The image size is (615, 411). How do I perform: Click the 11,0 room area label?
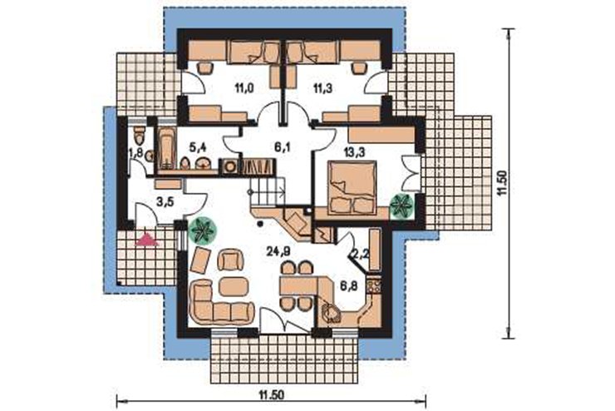pyautogui.click(x=244, y=88)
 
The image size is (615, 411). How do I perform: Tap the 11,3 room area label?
pyautogui.click(x=322, y=88)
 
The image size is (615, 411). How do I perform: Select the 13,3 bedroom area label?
pyautogui.click(x=355, y=153)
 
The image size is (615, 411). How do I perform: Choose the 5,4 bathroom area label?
pyautogui.click(x=197, y=148)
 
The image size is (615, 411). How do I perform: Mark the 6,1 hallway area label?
pyautogui.click(x=280, y=148)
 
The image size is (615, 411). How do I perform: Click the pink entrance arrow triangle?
pyautogui.click(x=147, y=240)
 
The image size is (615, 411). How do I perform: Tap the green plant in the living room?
pyautogui.click(x=202, y=230)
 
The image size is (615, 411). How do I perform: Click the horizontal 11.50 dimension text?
pyautogui.click(x=271, y=395)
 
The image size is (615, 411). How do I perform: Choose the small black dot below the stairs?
pyautogui.click(x=259, y=224)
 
